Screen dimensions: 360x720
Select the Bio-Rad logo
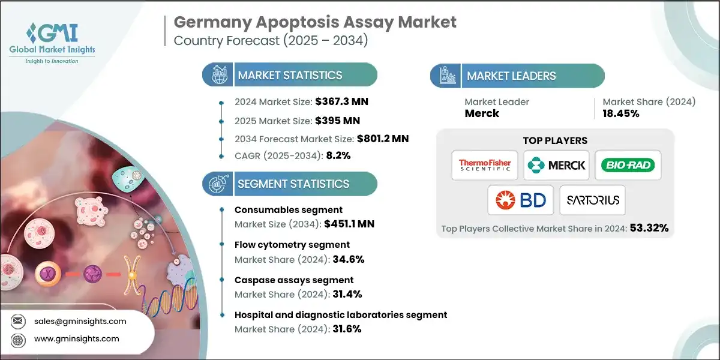click(x=628, y=165)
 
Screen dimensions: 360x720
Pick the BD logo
click(x=520, y=200)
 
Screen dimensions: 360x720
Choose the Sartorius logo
click(x=592, y=200)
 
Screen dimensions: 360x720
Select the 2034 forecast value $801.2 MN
click(x=375, y=139)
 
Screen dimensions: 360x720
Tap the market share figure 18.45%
click(x=622, y=113)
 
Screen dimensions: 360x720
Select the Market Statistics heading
click(x=290, y=76)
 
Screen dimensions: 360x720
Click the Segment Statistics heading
click(x=293, y=184)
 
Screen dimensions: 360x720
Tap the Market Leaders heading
click(x=511, y=76)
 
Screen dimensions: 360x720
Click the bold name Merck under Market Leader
click(x=482, y=113)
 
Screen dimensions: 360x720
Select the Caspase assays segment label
click(x=294, y=280)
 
